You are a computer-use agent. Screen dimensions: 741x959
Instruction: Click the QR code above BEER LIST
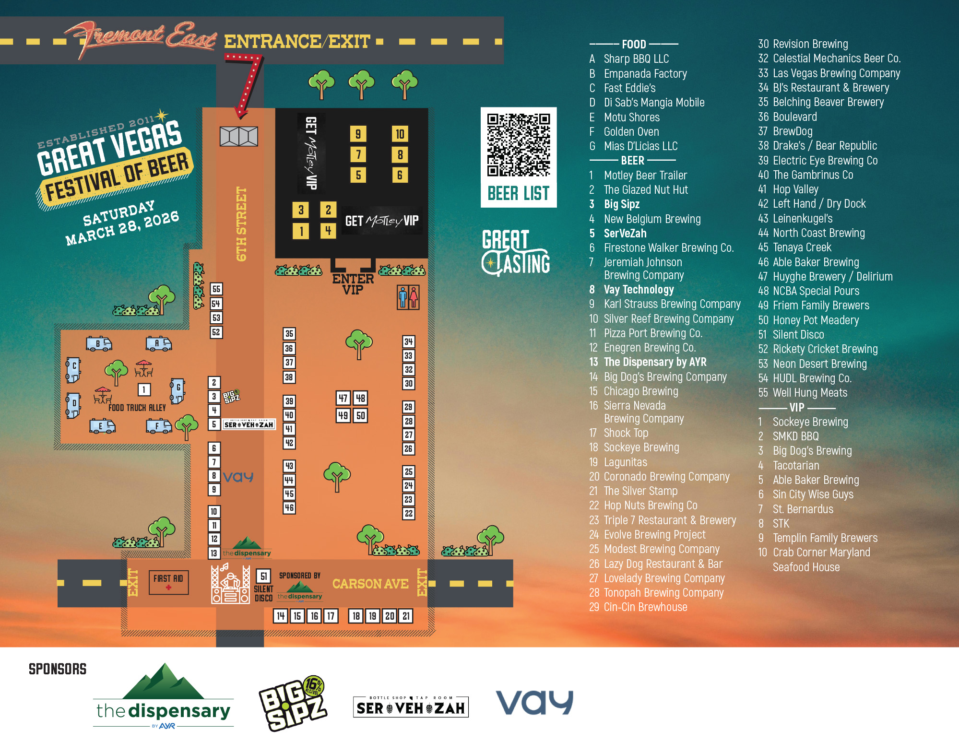pyautogui.click(x=518, y=144)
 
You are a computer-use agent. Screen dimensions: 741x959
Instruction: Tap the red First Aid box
pyautogui.click(x=168, y=582)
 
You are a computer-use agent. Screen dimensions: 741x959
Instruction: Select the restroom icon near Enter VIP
pyautogui.click(x=408, y=297)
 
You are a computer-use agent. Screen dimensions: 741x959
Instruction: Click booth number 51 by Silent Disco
pyautogui.click(x=263, y=576)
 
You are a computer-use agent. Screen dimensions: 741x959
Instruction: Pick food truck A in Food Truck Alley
pyautogui.click(x=159, y=343)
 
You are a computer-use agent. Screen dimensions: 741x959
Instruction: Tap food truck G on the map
pyautogui.click(x=178, y=390)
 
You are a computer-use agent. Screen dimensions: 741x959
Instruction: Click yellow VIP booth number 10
pyautogui.click(x=400, y=134)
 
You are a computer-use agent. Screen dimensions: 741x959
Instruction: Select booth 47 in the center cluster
pyautogui.click(x=343, y=398)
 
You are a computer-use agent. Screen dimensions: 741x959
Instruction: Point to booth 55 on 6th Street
pyautogui.click(x=216, y=289)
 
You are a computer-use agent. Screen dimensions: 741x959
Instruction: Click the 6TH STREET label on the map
pyautogui.click(x=241, y=224)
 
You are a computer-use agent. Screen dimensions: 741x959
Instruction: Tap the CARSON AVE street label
pyautogui.click(x=370, y=584)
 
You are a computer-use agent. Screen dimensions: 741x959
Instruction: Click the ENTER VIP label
pyautogui.click(x=353, y=284)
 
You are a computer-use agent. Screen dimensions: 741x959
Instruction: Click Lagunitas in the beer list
pyautogui.click(x=625, y=462)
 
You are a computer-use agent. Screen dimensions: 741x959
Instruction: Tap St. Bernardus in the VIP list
pyautogui.click(x=803, y=509)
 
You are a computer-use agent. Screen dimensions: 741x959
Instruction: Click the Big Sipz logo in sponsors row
pyautogui.click(x=293, y=703)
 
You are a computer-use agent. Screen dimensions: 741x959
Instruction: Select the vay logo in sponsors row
pyautogui.click(x=534, y=703)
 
